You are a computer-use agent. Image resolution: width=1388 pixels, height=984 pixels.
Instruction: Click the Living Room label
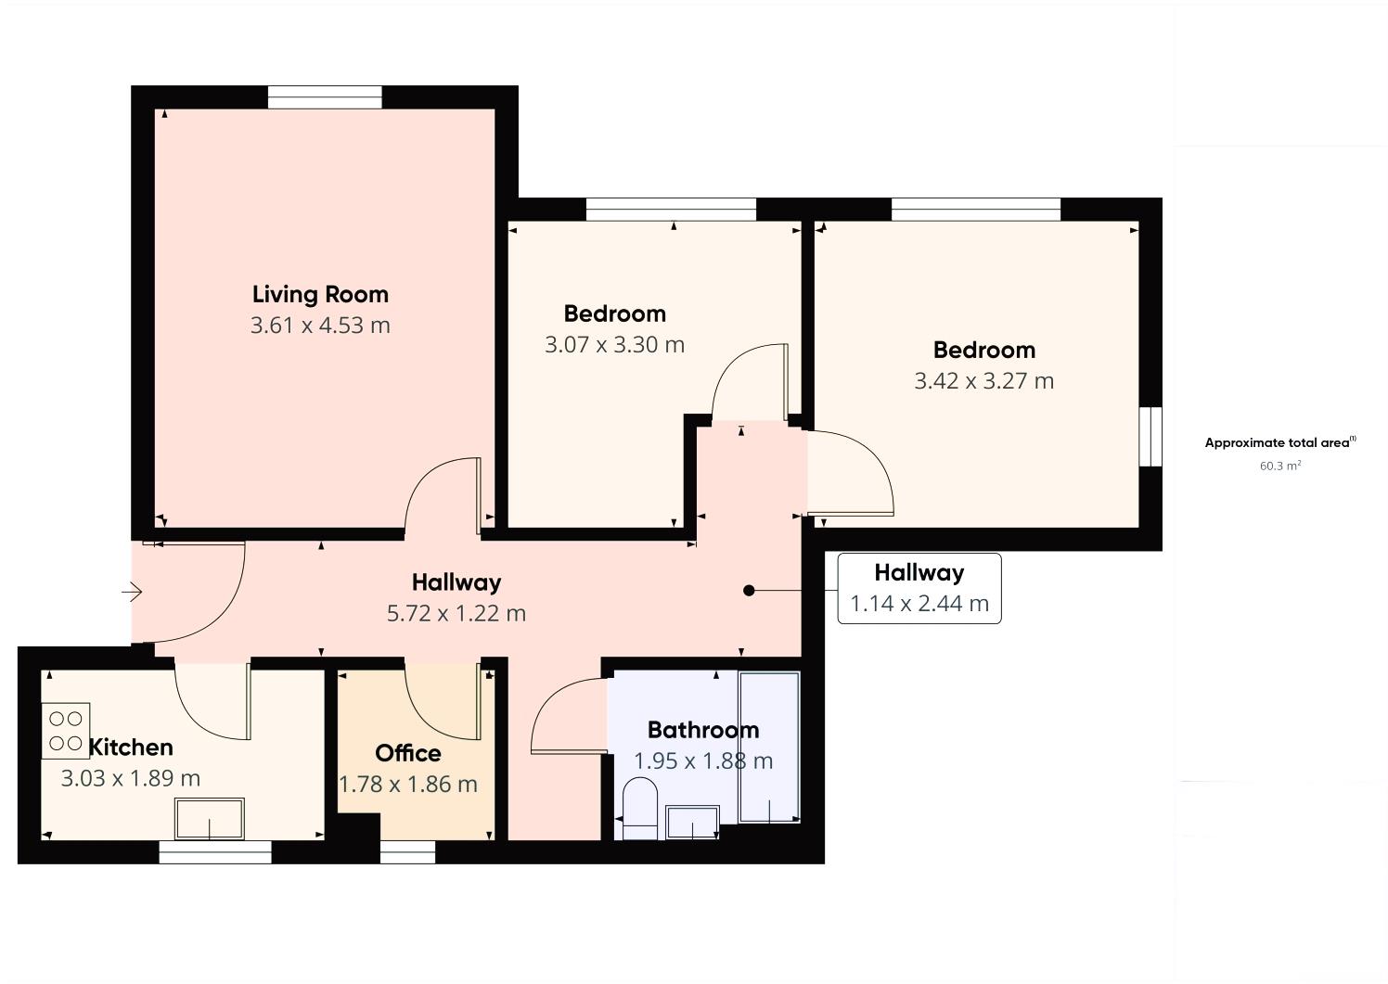click(x=320, y=295)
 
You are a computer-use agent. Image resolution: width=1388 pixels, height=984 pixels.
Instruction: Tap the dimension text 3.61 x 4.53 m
click(x=320, y=326)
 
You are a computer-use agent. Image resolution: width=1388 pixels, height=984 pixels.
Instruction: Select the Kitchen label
click(x=131, y=748)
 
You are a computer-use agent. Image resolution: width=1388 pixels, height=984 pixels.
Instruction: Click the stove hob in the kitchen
click(x=66, y=731)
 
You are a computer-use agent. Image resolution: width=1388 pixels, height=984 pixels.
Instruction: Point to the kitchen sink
click(x=210, y=819)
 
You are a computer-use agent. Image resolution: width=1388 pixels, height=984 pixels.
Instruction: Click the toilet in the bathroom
click(x=639, y=809)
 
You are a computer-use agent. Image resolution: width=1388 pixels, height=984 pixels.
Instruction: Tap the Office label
click(x=408, y=754)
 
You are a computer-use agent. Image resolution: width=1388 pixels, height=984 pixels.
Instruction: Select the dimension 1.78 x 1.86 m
click(x=408, y=785)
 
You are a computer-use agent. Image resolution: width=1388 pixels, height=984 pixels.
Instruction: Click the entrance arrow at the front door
click(x=132, y=592)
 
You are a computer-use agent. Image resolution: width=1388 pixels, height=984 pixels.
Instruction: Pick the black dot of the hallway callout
click(x=749, y=591)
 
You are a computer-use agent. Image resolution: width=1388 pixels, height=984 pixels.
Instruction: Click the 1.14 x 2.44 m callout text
click(x=919, y=604)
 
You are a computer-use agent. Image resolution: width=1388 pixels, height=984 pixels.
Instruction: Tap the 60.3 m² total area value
click(x=1280, y=466)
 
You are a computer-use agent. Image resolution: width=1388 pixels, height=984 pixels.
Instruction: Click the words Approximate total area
click(x=1277, y=443)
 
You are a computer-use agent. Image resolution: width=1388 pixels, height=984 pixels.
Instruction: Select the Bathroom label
click(x=703, y=730)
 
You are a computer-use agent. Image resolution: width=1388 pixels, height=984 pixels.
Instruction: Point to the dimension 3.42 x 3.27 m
click(x=984, y=381)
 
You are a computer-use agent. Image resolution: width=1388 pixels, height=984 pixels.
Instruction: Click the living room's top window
click(x=326, y=97)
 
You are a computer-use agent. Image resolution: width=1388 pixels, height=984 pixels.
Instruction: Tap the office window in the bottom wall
click(x=407, y=852)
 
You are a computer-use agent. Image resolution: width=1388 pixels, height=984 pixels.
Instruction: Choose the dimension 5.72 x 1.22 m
click(x=456, y=614)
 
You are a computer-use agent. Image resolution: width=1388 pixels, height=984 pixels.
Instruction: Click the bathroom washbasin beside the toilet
click(x=692, y=823)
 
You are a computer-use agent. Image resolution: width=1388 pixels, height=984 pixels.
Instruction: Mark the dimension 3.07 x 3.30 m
click(x=615, y=345)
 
